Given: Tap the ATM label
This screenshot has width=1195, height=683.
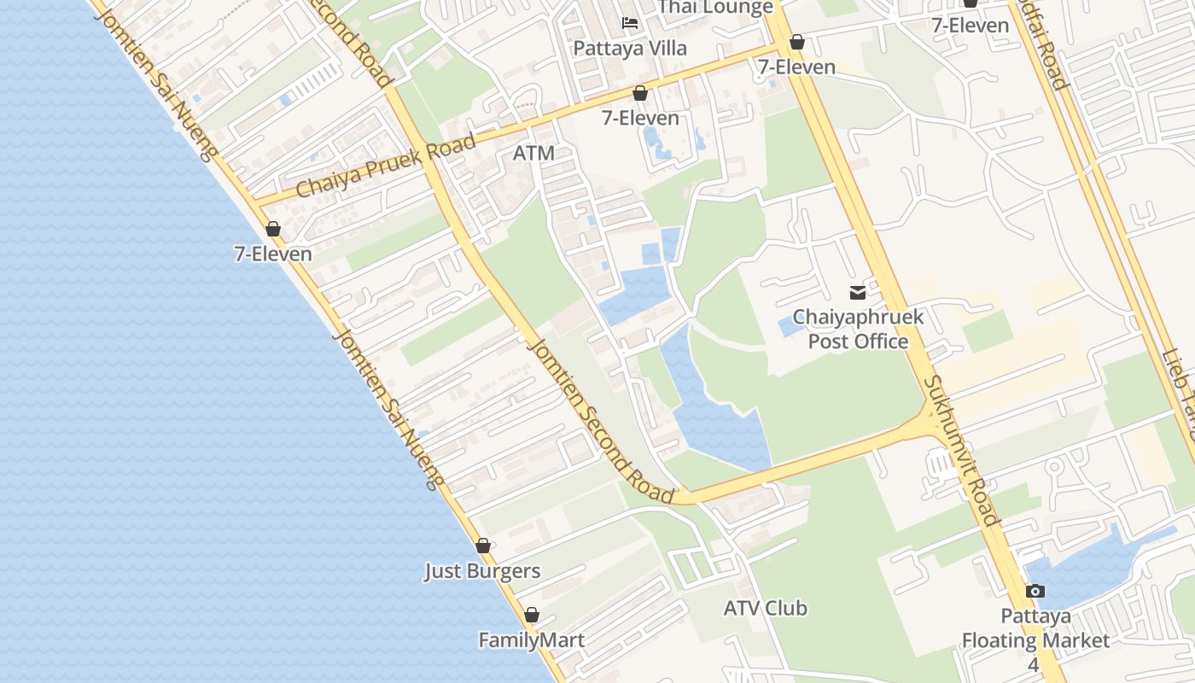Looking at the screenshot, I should click(x=533, y=154).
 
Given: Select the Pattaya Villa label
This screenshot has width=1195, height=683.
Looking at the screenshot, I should click(x=630, y=48).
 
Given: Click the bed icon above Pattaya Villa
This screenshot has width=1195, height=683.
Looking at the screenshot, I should click(x=630, y=22).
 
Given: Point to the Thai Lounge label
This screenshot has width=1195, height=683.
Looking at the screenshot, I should click(x=715, y=7).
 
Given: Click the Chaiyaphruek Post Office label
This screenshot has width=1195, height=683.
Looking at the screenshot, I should click(x=858, y=330).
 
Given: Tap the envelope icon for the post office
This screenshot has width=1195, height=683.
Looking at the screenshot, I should click(x=858, y=293).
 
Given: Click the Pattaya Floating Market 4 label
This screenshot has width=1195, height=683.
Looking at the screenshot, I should click(x=1035, y=640).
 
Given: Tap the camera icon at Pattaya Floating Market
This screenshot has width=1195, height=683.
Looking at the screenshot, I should click(x=1035, y=591).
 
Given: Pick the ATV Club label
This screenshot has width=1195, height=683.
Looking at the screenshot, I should click(x=765, y=609).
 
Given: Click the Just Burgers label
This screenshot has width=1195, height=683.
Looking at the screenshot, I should click(x=482, y=571).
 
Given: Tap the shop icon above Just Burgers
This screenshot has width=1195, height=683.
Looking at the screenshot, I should click(x=483, y=546).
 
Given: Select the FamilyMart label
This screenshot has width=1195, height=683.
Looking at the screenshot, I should click(x=531, y=640).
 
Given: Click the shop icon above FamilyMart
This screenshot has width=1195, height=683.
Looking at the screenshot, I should click(x=532, y=615).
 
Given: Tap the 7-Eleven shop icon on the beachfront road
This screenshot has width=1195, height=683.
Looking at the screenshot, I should click(x=273, y=229).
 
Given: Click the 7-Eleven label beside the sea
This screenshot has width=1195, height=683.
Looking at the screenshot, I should click(x=273, y=254).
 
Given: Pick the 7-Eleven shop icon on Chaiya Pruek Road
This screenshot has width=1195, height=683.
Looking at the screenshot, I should click(x=640, y=93).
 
